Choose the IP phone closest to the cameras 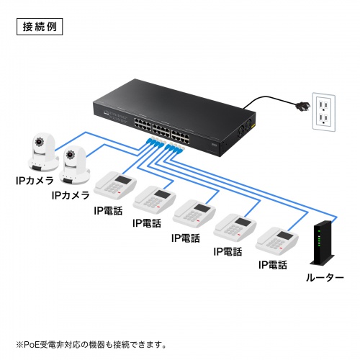click(114, 187)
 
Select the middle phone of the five click(195, 212)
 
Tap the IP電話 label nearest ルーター click(273, 265)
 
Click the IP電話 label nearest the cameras click(109, 210)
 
